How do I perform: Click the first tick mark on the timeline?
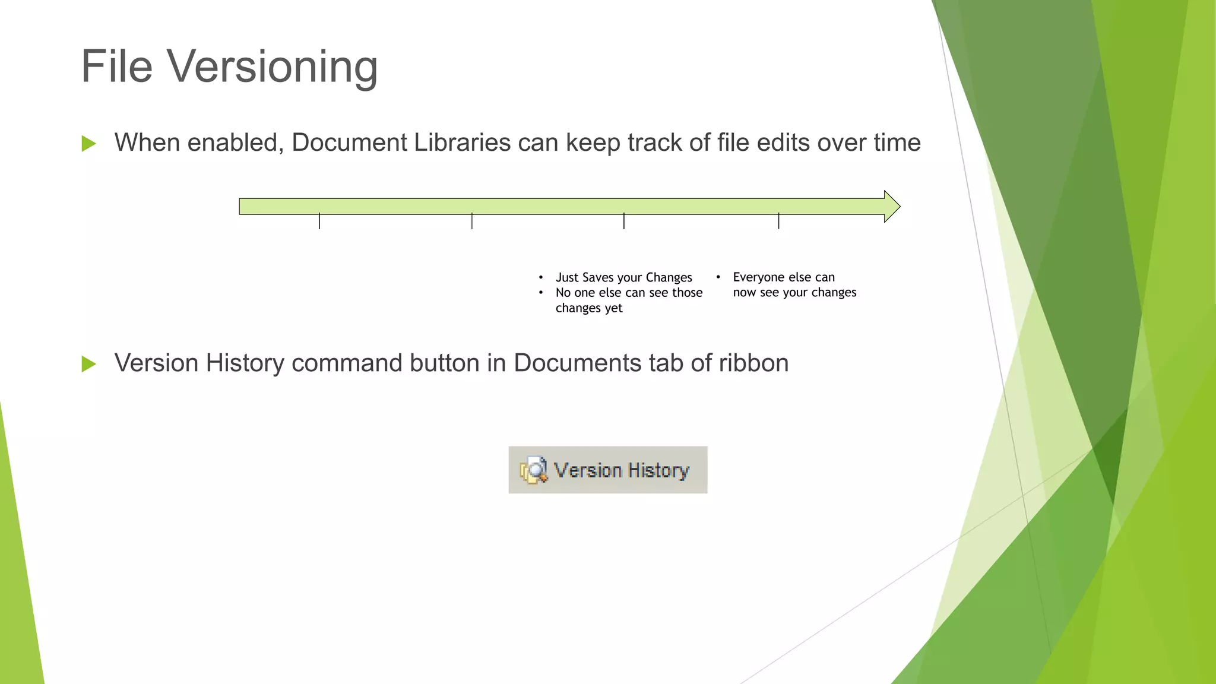point(319,221)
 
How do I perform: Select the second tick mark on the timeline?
point(472,221)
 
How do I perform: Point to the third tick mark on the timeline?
point(624,221)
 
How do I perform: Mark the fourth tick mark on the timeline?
point(778,221)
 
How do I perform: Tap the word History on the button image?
point(658,471)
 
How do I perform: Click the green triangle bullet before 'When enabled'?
point(89,144)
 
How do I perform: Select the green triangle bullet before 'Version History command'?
point(89,364)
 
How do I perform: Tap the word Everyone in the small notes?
point(756,277)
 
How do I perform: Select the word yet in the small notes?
point(613,308)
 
